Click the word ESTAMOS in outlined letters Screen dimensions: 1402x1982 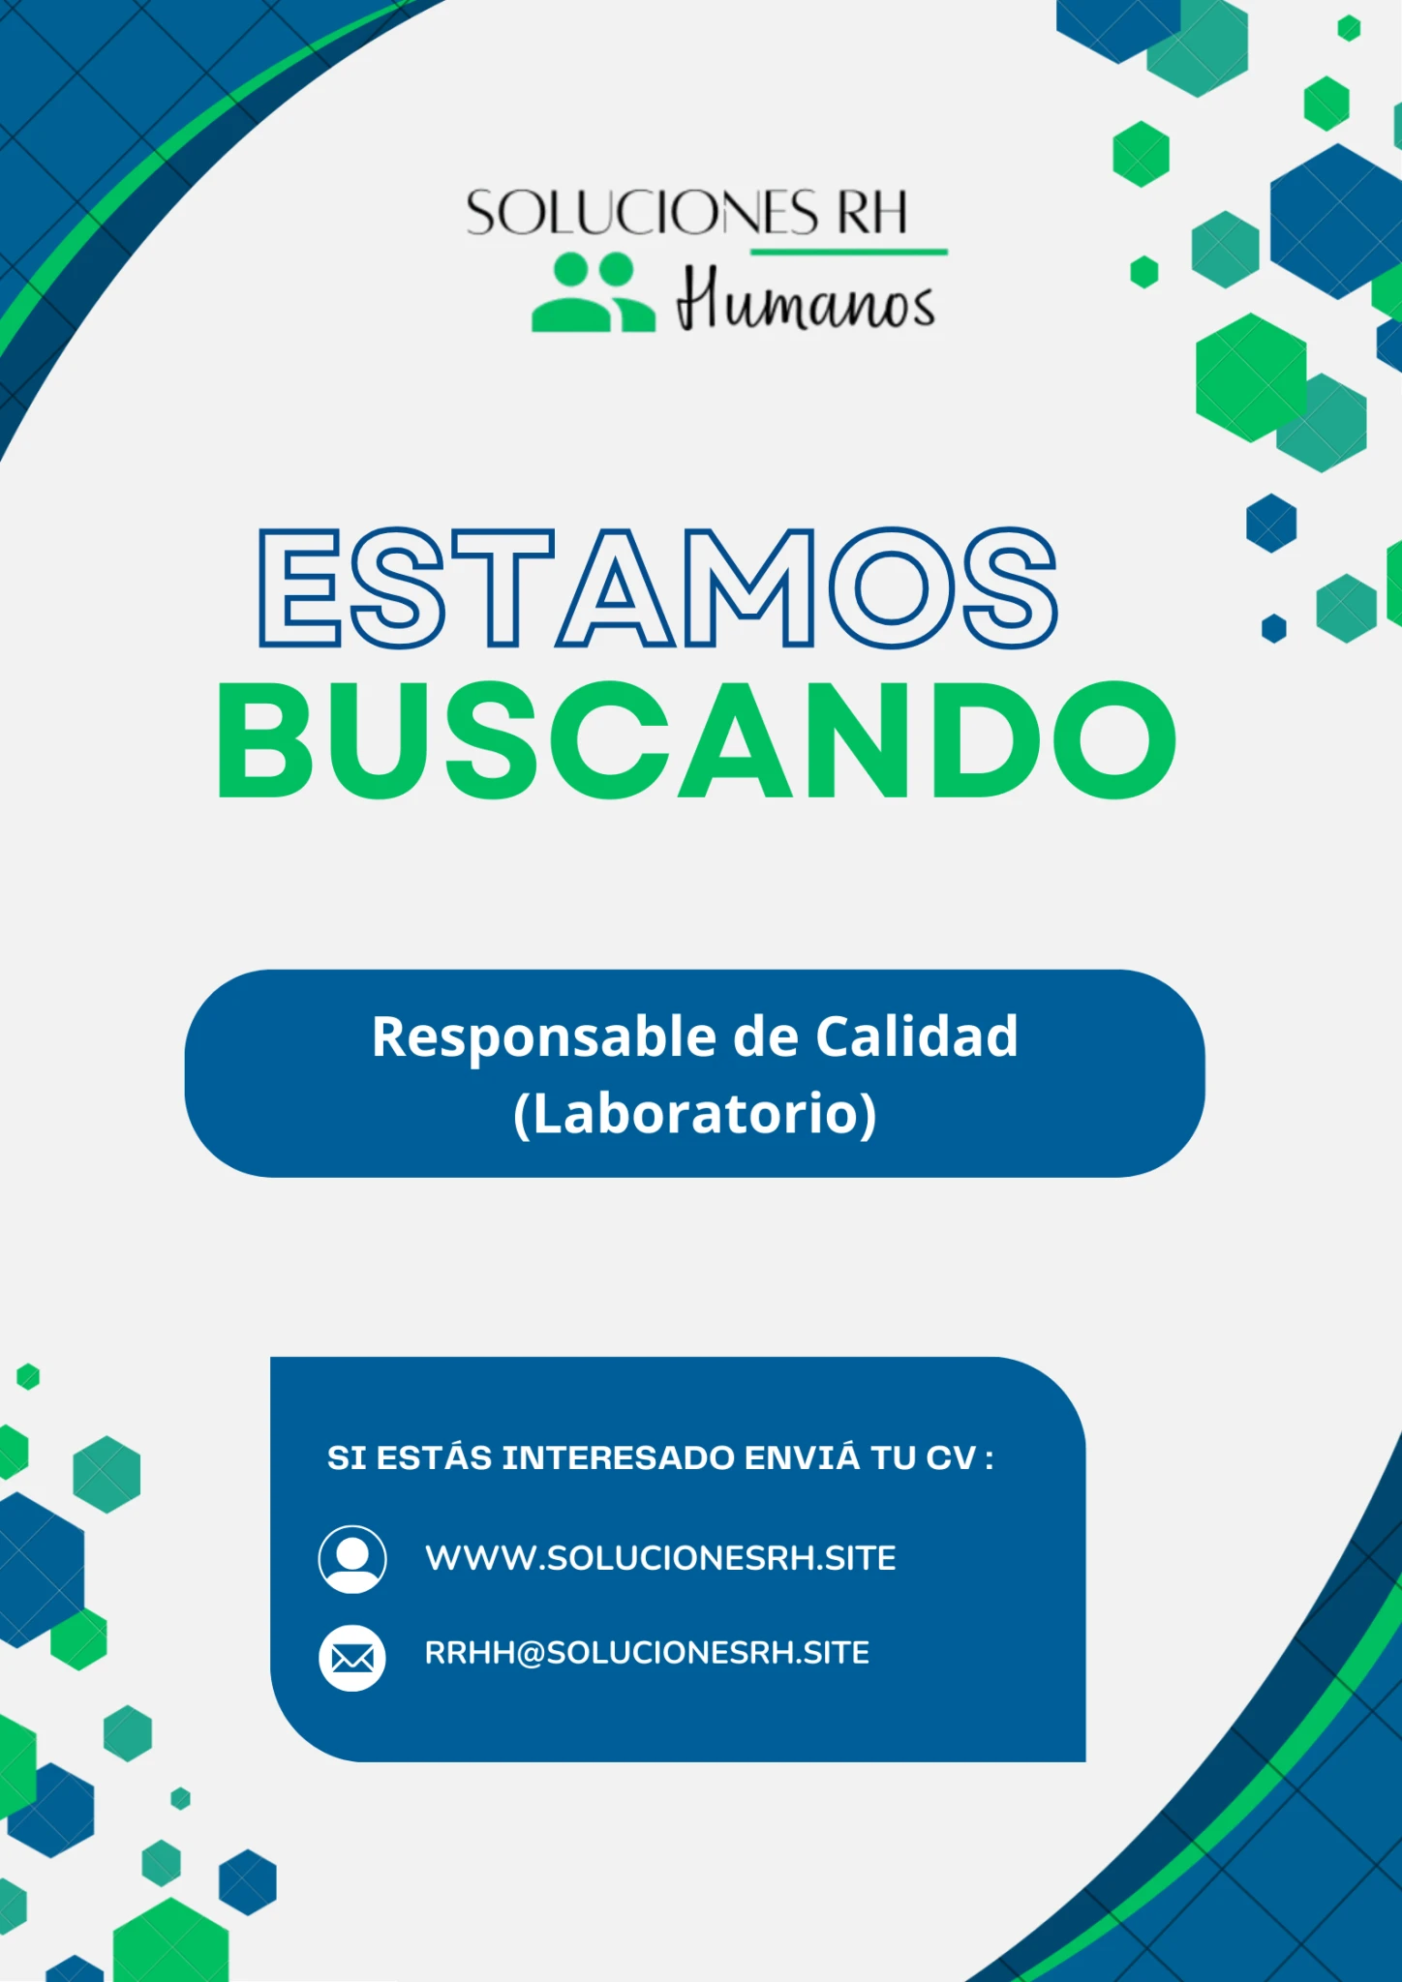(x=658, y=587)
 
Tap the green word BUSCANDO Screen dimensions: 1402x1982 (x=696, y=739)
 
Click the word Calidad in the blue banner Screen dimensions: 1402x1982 (x=916, y=1036)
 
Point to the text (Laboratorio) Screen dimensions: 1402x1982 (x=695, y=1114)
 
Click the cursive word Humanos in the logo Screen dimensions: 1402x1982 (x=806, y=298)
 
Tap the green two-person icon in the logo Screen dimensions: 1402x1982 (x=594, y=292)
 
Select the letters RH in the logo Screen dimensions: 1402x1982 (x=872, y=213)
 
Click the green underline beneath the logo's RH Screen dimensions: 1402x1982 (x=849, y=253)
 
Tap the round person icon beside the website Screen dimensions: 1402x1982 (x=352, y=1559)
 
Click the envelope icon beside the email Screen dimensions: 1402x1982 (x=352, y=1658)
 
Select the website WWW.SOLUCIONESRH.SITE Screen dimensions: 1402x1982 (x=660, y=1558)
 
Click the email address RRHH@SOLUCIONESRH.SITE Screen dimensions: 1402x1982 (x=647, y=1652)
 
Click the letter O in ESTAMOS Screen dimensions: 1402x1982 (x=892, y=587)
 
